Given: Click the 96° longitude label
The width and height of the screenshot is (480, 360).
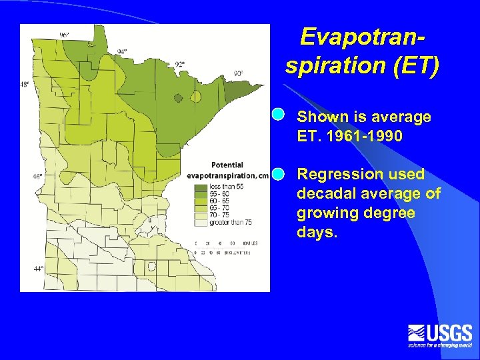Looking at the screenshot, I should click(64, 35).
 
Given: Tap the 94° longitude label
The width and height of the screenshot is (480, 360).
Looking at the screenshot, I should click(122, 51).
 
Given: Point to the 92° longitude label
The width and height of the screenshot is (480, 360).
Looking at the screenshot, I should click(181, 65).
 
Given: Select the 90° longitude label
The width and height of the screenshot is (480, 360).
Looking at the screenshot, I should click(238, 73).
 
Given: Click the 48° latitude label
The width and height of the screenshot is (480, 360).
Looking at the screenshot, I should click(25, 85).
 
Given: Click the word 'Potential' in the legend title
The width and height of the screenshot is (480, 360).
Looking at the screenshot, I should click(227, 165).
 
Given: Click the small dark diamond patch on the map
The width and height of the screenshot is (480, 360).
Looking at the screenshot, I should click(178, 98).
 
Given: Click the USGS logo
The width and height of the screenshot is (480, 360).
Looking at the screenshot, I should click(440, 335).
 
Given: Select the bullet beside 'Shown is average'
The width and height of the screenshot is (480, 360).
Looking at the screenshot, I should click(279, 115).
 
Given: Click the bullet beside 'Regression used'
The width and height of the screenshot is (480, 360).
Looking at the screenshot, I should click(279, 174).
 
